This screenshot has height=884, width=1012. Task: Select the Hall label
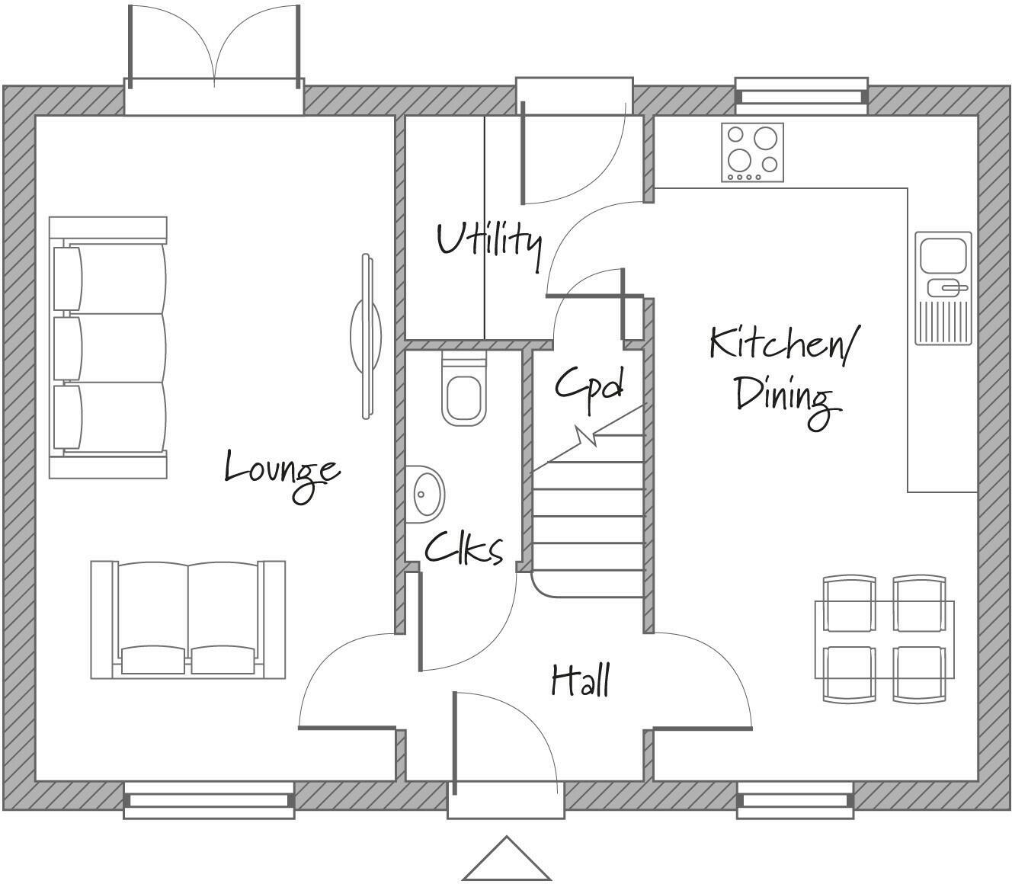point(581,681)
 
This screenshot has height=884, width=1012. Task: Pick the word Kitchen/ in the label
point(783,344)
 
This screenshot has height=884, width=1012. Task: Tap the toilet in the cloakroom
point(463,390)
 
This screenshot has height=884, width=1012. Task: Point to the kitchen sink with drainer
point(943,287)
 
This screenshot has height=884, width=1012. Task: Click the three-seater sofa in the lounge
point(108,348)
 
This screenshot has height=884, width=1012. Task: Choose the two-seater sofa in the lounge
point(188,620)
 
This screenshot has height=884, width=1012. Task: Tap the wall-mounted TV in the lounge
point(367,335)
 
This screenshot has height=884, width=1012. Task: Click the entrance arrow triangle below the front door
point(507,860)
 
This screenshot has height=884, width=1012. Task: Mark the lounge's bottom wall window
point(209,801)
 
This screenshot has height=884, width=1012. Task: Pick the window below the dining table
point(795,801)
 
